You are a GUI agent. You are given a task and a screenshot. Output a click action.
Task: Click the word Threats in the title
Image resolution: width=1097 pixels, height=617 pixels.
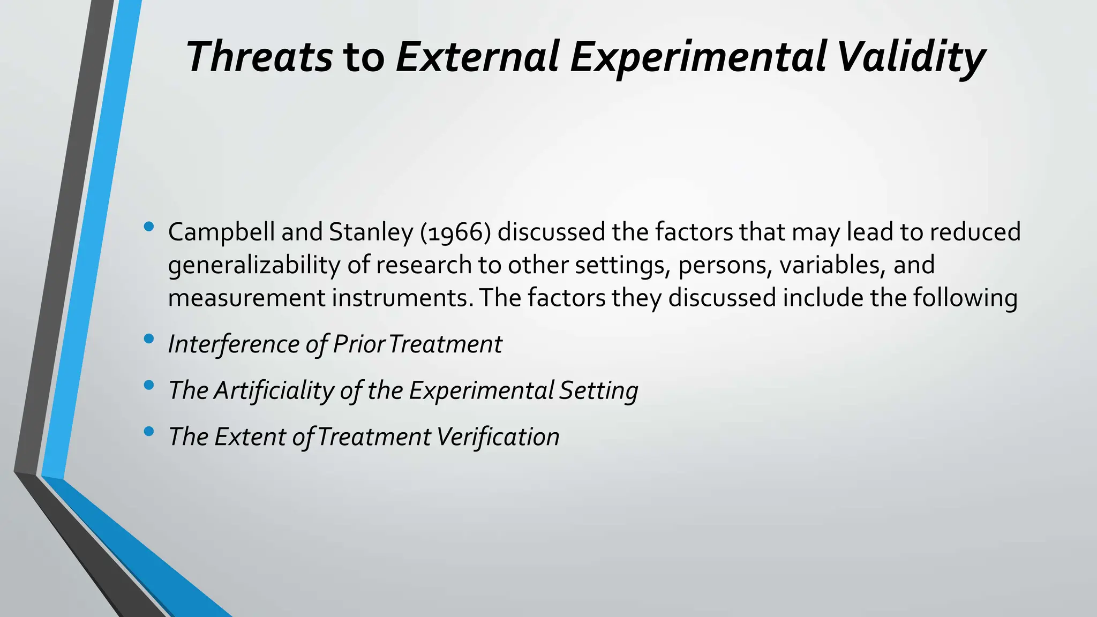click(259, 57)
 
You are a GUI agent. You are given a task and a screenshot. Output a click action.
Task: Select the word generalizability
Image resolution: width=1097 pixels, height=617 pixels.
click(253, 266)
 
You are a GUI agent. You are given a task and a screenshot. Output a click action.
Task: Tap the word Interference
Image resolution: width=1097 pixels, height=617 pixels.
click(234, 344)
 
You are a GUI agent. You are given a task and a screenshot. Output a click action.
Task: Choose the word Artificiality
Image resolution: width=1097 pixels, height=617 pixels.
click(273, 390)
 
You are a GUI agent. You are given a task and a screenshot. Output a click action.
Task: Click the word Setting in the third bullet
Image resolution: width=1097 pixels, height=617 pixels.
click(598, 390)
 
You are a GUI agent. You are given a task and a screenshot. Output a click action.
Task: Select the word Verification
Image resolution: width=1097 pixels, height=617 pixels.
click(498, 437)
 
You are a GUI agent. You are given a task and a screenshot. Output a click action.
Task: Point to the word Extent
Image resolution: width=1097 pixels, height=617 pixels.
click(250, 437)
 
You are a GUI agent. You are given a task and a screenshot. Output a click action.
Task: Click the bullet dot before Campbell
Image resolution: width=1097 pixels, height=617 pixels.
click(149, 227)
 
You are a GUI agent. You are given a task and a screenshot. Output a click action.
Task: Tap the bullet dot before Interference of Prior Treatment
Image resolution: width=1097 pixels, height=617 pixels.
click(149, 339)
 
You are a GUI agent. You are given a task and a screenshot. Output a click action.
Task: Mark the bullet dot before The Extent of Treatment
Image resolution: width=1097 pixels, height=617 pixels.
click(149, 431)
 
